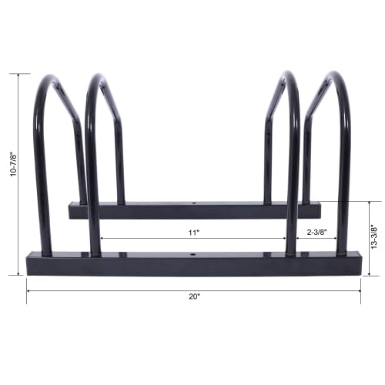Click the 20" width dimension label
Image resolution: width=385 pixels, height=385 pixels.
pyautogui.click(x=192, y=296)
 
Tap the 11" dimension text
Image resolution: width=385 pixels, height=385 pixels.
pyautogui.click(x=192, y=231)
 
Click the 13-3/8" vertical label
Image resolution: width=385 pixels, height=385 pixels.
pyautogui.click(x=373, y=239)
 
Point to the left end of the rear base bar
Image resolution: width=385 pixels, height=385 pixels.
pyautogui.click(x=72, y=210)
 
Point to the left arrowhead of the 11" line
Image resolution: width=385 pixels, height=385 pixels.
pyautogui.click(x=102, y=238)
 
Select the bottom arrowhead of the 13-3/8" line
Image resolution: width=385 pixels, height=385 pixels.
pyautogui.click(x=369, y=273)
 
